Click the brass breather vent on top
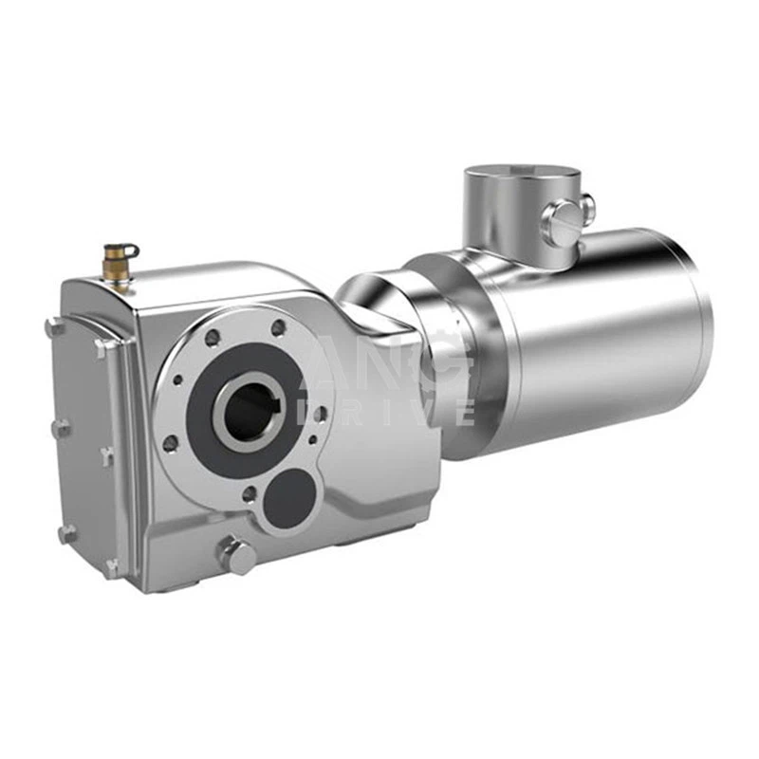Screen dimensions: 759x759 (121, 257)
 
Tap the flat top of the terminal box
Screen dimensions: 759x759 (521, 175)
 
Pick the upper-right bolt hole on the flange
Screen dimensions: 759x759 (278, 328)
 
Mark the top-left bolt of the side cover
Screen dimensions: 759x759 (53, 327)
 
